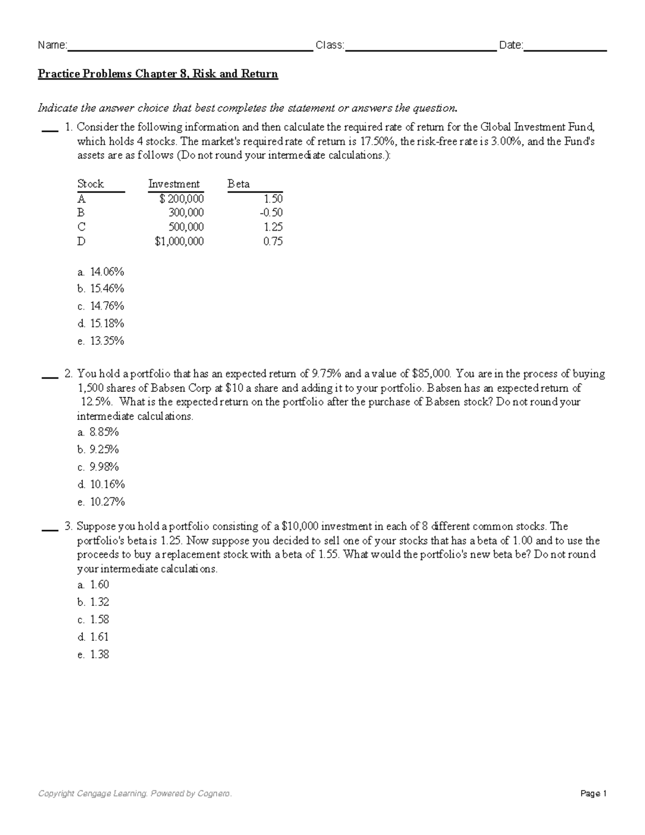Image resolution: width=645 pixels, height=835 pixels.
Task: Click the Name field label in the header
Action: click(x=52, y=46)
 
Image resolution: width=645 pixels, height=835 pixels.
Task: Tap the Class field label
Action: click(x=329, y=46)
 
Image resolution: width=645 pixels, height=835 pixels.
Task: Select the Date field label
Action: click(x=511, y=46)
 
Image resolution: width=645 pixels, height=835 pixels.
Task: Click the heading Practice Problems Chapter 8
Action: click(x=157, y=74)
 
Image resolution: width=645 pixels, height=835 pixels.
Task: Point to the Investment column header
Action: click(x=174, y=184)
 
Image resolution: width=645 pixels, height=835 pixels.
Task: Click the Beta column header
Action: click(x=239, y=184)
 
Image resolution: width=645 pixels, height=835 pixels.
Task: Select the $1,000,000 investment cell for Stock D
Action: click(x=179, y=241)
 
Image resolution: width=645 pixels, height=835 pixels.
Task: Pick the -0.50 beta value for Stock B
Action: click(x=271, y=212)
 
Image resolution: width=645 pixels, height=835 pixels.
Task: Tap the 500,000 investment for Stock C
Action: click(x=186, y=227)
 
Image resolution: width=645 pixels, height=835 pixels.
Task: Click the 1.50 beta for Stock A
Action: click(x=273, y=198)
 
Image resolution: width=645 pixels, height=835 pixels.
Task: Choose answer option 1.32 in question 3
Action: click(x=99, y=602)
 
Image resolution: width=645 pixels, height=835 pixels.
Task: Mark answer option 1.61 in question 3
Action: click(x=99, y=637)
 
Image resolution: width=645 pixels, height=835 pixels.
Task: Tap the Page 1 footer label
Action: click(x=593, y=794)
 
